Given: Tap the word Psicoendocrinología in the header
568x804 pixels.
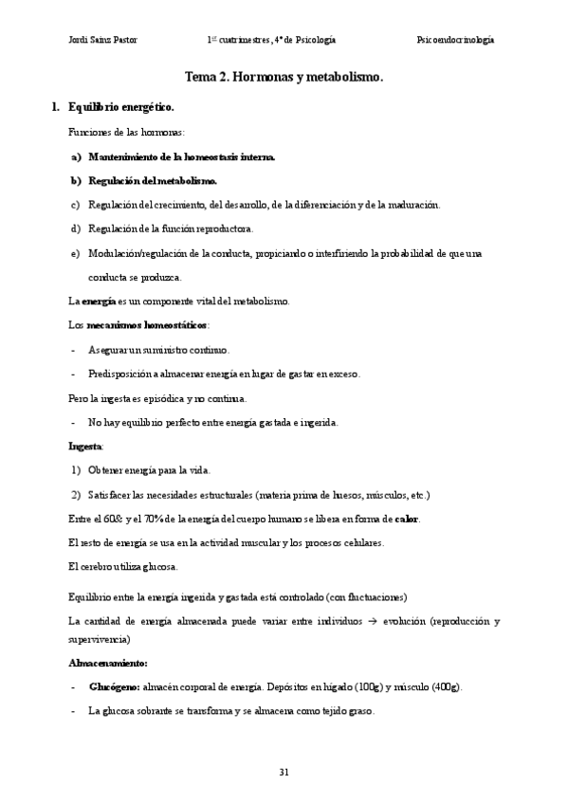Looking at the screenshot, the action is pyautogui.click(x=455, y=40).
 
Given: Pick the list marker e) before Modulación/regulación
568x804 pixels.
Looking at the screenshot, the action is pyautogui.click(x=75, y=253).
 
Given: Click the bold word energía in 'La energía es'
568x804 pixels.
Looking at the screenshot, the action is pyautogui.click(x=99, y=301).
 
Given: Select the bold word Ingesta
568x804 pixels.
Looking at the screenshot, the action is pyautogui.click(x=85, y=445).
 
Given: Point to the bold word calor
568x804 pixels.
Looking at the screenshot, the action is pyautogui.click(x=407, y=519).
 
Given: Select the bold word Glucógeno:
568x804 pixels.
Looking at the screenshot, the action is pyautogui.click(x=115, y=685).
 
